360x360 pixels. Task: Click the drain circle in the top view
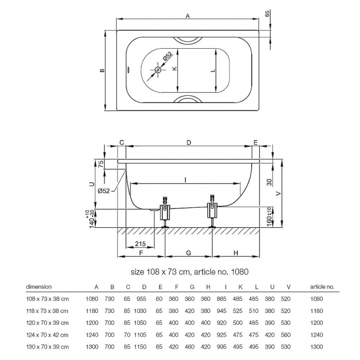point(158,70)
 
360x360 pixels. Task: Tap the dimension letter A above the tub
point(188,16)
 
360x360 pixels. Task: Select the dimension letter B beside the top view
point(102,70)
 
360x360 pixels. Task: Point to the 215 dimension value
point(140,243)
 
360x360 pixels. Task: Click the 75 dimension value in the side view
point(101,164)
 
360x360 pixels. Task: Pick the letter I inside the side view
point(185,180)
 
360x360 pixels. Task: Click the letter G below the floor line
point(189,253)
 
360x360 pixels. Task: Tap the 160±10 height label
point(269,217)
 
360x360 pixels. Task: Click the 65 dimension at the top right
point(267,13)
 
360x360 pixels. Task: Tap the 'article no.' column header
point(322,287)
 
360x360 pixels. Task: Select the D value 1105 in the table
point(140,335)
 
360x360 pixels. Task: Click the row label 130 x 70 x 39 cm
point(47,347)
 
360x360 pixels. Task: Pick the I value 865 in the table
point(222,299)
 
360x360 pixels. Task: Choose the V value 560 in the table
point(285,335)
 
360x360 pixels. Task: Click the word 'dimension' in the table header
point(39,287)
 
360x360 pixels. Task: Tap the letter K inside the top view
point(175,68)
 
